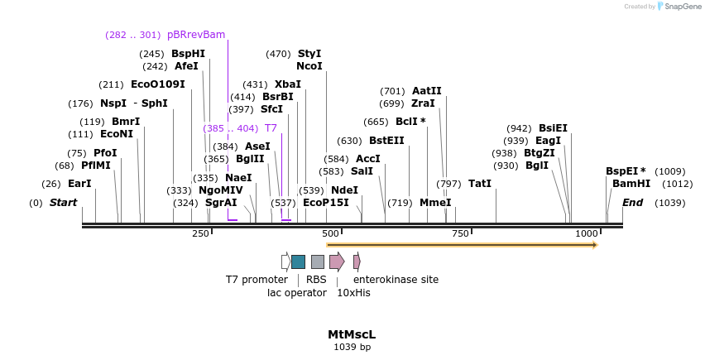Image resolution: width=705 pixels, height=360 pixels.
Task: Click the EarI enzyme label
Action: [x=79, y=184]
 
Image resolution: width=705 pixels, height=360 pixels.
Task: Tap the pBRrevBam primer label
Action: [x=196, y=35]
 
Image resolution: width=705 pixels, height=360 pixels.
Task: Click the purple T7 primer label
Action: [x=271, y=128]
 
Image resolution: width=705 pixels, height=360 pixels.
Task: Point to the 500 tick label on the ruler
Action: [x=331, y=234]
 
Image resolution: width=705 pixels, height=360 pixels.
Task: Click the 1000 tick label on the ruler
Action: [x=587, y=234]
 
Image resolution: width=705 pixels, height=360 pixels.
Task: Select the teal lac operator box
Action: [x=298, y=262]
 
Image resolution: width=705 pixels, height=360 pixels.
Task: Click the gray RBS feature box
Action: [x=318, y=262]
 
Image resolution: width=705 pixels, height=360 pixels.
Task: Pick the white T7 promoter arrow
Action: [x=285, y=262]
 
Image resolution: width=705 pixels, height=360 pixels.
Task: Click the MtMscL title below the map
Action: [x=352, y=334]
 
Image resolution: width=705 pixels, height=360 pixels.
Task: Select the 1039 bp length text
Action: [x=352, y=347]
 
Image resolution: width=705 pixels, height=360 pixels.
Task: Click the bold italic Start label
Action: [x=63, y=203]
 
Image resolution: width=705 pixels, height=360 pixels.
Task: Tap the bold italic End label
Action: [x=632, y=203]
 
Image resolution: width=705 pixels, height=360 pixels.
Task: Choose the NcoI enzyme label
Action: [x=309, y=66]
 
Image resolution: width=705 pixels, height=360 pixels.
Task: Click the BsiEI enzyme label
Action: [x=553, y=128]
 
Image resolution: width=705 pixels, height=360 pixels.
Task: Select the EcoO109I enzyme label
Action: [x=158, y=84]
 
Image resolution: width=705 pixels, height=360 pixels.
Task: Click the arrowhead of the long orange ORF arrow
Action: [x=594, y=245]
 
